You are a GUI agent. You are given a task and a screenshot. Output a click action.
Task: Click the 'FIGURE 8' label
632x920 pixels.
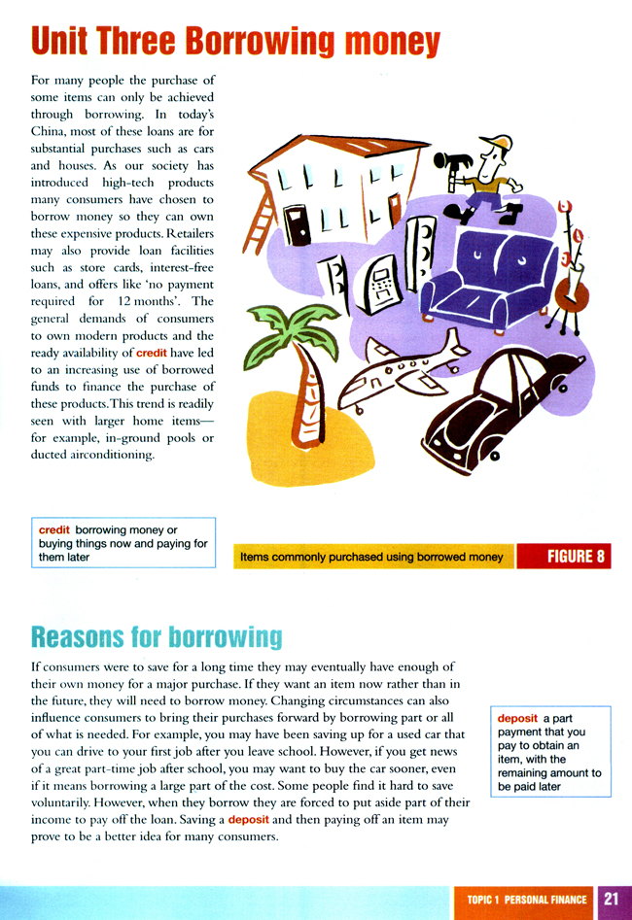pyautogui.click(x=563, y=557)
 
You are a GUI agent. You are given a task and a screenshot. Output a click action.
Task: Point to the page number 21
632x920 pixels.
pyautogui.click(x=612, y=900)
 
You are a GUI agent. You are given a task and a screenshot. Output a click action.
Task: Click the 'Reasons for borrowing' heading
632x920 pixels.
pyautogui.click(x=157, y=637)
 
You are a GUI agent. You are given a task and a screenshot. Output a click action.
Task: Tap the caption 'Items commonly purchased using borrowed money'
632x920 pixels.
pyautogui.click(x=371, y=557)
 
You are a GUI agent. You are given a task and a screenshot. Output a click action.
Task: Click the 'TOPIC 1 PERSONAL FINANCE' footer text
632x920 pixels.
pyautogui.click(x=526, y=901)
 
